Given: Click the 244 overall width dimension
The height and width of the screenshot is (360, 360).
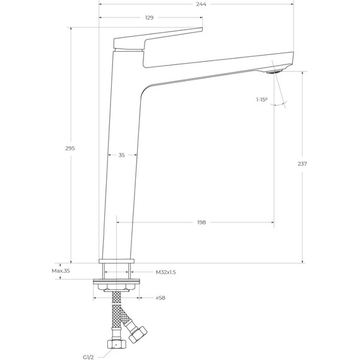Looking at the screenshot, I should click(201, 4).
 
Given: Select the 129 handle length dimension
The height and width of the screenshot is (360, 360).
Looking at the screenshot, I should click(149, 18).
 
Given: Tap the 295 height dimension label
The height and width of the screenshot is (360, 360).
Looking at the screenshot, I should click(70, 148).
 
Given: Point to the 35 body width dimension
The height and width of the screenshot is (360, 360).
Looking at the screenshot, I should click(121, 155).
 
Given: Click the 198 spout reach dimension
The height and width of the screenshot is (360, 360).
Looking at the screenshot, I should click(201, 222).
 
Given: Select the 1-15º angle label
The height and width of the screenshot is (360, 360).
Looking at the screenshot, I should click(261, 100).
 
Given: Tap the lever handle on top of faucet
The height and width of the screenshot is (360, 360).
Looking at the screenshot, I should click(158, 38).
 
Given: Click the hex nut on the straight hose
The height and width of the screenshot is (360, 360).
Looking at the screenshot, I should click(117, 346).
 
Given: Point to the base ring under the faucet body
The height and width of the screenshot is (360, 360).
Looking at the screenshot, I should click(117, 260).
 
